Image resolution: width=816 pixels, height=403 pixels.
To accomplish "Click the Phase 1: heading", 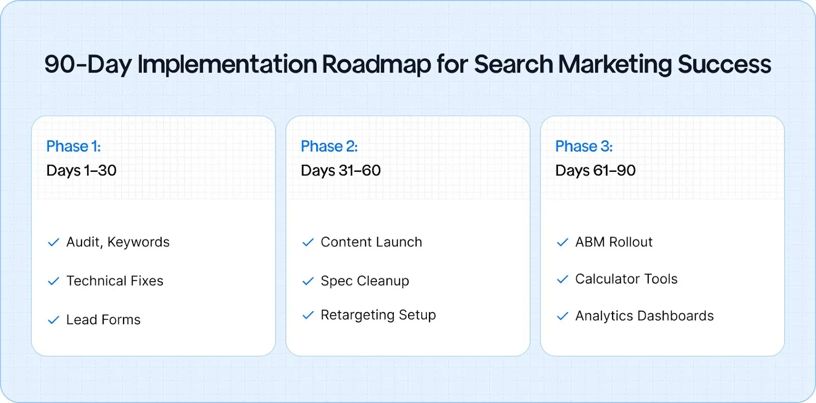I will pyautogui.click(x=73, y=146).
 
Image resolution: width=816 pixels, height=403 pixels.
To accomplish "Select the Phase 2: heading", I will pyautogui.click(x=329, y=146).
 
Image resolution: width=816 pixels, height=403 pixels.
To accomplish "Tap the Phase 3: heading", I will pyautogui.click(x=583, y=146).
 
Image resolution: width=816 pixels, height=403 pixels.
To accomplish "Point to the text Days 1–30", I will pyautogui.click(x=81, y=170).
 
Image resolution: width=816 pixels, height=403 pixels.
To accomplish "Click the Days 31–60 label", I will pyautogui.click(x=340, y=170).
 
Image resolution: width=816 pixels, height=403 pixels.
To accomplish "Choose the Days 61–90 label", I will pyautogui.click(x=595, y=170).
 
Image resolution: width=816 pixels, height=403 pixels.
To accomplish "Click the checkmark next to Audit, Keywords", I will pyautogui.click(x=54, y=242).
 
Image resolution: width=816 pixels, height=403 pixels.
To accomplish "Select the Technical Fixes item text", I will pyautogui.click(x=115, y=281).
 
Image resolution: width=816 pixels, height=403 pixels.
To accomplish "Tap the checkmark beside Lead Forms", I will pyautogui.click(x=54, y=320).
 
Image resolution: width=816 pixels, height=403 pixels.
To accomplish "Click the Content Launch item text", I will pyautogui.click(x=371, y=242).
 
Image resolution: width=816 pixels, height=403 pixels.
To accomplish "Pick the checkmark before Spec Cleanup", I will pyautogui.click(x=308, y=281).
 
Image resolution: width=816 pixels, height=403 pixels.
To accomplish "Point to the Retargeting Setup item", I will pyautogui.click(x=378, y=315).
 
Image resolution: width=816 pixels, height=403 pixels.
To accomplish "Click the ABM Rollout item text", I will pyautogui.click(x=614, y=242).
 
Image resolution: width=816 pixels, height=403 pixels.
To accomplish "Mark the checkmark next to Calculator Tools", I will pyautogui.click(x=563, y=280).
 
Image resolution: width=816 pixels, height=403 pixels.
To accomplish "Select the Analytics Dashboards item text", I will pyautogui.click(x=644, y=316).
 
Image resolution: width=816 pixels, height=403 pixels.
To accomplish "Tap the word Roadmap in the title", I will pyautogui.click(x=376, y=65).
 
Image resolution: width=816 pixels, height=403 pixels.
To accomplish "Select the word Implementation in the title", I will pyautogui.click(x=227, y=65).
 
